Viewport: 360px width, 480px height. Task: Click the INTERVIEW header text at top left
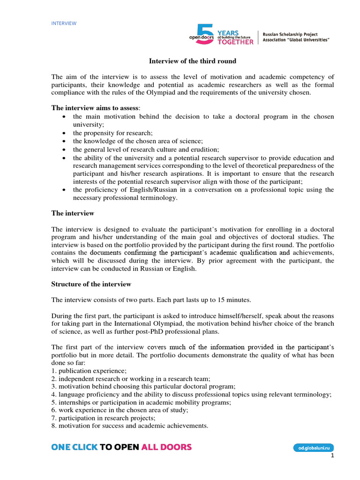tap(64, 23)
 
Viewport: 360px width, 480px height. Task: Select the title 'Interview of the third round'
tap(193, 61)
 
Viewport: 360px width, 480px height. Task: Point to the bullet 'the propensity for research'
tap(112, 133)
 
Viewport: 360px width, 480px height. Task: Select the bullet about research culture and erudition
tap(146, 150)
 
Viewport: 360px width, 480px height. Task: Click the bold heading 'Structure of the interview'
tap(91, 285)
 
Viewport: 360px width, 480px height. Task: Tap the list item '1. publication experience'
tap(85, 371)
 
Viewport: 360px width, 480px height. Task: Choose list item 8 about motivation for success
tap(130, 426)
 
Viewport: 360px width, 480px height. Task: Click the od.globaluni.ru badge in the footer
tap(314, 448)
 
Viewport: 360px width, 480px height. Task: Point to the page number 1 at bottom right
tap(332, 456)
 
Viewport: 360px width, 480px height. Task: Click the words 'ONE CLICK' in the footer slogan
tap(75, 447)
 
